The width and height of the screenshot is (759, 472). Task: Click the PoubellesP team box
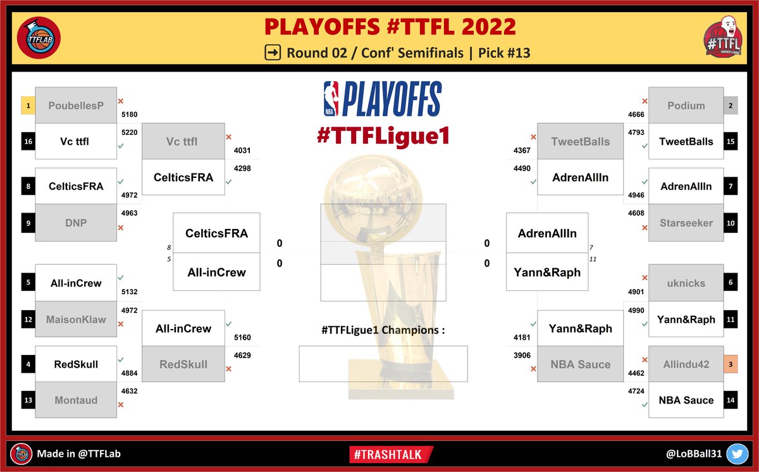click(76, 105)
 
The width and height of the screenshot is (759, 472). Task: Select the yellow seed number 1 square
click(28, 105)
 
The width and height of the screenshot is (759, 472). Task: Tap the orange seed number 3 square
click(731, 364)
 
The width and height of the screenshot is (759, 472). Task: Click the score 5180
click(129, 115)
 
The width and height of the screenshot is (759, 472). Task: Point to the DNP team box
click(76, 223)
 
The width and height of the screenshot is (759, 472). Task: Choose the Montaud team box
click(76, 400)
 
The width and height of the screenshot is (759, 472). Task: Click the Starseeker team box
click(686, 223)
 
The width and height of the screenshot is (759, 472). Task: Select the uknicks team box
click(686, 283)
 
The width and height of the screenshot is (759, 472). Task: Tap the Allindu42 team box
click(686, 364)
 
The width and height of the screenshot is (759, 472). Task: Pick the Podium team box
click(686, 105)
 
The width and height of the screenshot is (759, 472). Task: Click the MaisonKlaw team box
click(76, 320)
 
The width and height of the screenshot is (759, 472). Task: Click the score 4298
click(242, 169)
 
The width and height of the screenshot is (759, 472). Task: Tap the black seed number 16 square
click(28, 142)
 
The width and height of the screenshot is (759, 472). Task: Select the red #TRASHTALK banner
click(390, 454)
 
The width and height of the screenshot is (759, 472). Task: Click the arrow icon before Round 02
click(273, 53)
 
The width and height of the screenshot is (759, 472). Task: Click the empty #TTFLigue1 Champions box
click(383, 363)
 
